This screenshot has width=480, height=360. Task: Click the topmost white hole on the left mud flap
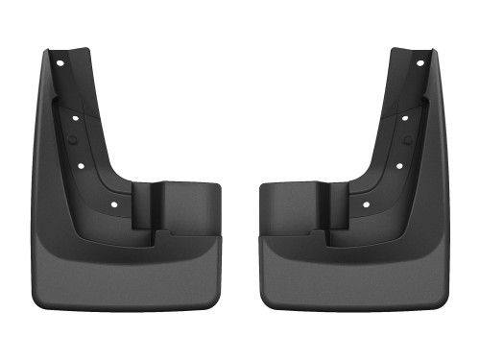point(60,63)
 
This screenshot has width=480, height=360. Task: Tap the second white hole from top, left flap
point(75,117)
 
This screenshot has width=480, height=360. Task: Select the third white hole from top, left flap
point(81,164)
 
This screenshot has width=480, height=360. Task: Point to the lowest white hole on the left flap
point(113,204)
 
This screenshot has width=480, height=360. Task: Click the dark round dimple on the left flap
point(78,140)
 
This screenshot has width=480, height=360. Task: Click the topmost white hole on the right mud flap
point(420,63)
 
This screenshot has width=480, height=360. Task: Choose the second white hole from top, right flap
point(405,117)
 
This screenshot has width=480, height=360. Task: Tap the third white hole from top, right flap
point(399,164)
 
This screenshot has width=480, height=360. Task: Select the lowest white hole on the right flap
point(367,204)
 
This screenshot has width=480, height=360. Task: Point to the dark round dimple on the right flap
point(402,140)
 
